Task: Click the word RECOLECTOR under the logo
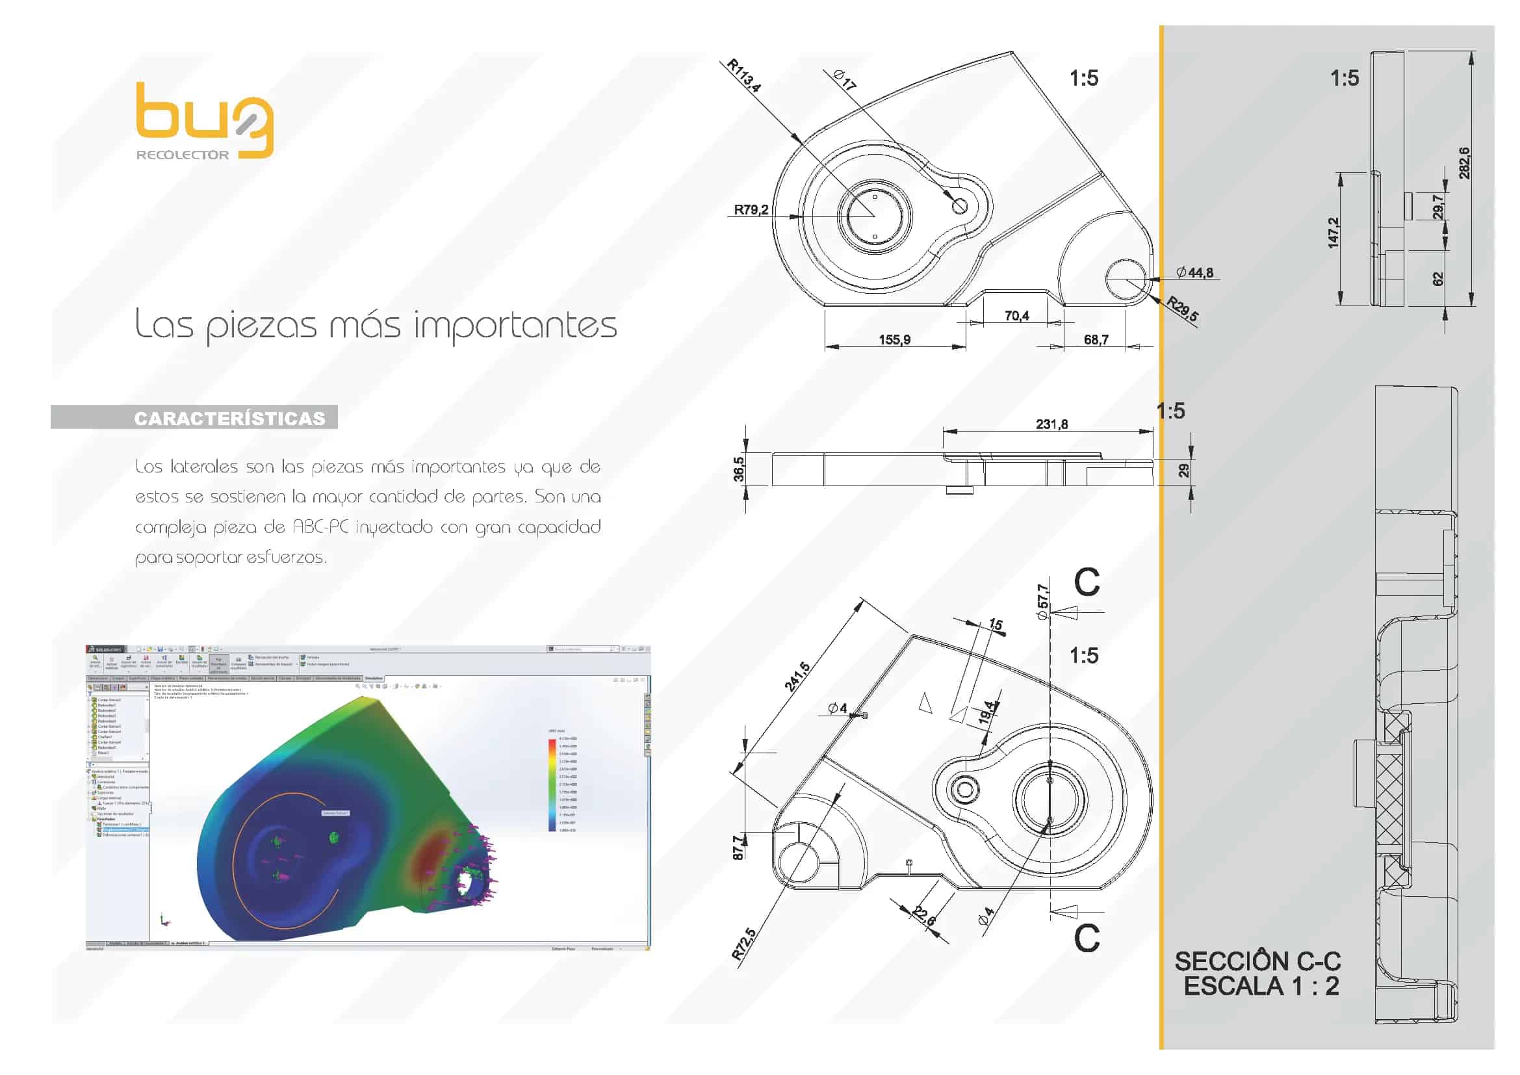182,155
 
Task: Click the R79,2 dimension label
751,210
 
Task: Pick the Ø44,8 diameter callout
1195,273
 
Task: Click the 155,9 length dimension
894,339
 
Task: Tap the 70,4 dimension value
1017,316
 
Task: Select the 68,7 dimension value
1096,339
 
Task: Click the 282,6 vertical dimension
1463,163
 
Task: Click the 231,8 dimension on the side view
1051,424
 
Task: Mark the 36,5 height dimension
739,469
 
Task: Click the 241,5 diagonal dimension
797,676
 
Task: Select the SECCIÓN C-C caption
1257,961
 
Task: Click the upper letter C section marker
1087,582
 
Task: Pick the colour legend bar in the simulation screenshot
552,784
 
